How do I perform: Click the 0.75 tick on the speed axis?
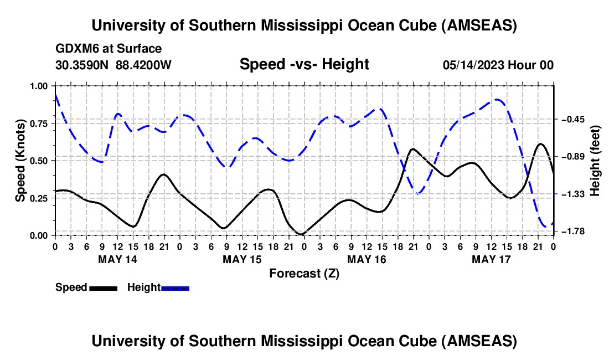point(39,124)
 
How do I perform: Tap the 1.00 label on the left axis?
point(39,86)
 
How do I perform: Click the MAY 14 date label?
point(117,259)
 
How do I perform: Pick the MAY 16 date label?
point(367,259)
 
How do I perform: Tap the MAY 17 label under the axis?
point(491,259)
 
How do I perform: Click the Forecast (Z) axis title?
point(304,273)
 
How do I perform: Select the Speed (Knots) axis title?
point(20,161)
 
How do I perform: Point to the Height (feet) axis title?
point(595,161)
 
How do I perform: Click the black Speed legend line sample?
point(103,287)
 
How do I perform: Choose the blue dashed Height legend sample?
point(175,287)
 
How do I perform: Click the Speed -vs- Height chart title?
point(304,64)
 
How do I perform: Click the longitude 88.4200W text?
point(144,65)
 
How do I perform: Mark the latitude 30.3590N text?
point(82,65)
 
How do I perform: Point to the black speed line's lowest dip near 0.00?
point(300,234)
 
